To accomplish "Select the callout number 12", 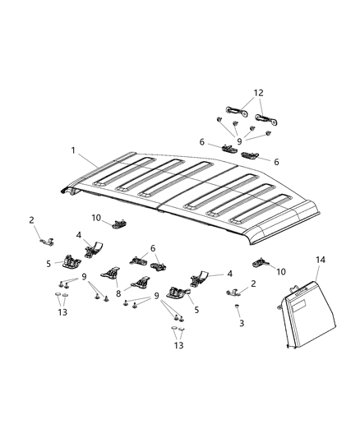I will coord(258,94).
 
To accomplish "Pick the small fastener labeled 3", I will coord(237,307).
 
